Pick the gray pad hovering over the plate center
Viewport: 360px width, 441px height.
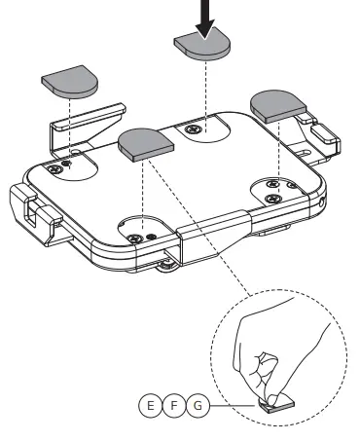point(145,143)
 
